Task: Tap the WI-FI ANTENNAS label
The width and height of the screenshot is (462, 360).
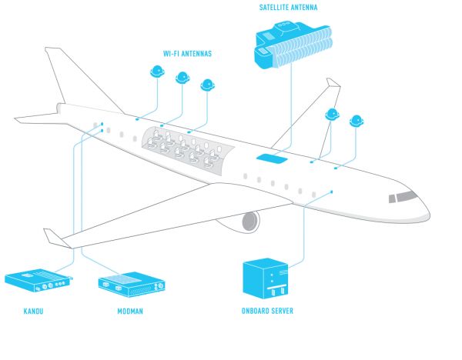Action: click(x=186, y=53)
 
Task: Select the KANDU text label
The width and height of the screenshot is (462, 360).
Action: click(x=33, y=312)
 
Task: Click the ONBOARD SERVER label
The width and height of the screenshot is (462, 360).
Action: click(x=267, y=312)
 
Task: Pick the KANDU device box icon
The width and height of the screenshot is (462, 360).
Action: click(x=38, y=281)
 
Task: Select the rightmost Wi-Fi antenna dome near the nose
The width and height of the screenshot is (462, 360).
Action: click(x=357, y=121)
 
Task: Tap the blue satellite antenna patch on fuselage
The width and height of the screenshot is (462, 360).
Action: click(x=273, y=158)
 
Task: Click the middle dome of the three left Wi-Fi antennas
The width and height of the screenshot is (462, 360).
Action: click(x=182, y=77)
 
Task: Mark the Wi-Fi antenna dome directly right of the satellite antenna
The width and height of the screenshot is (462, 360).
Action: click(x=332, y=115)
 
